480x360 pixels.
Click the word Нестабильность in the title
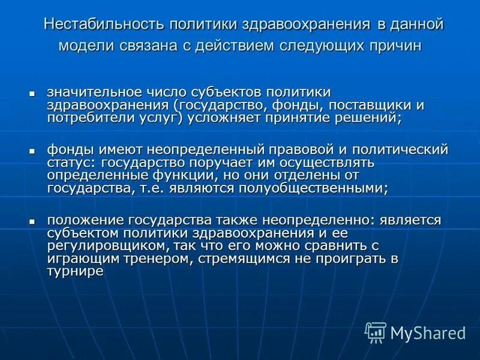tap(103, 25)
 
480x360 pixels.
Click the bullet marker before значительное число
tap(33, 94)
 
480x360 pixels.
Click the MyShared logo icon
tap(375, 332)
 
